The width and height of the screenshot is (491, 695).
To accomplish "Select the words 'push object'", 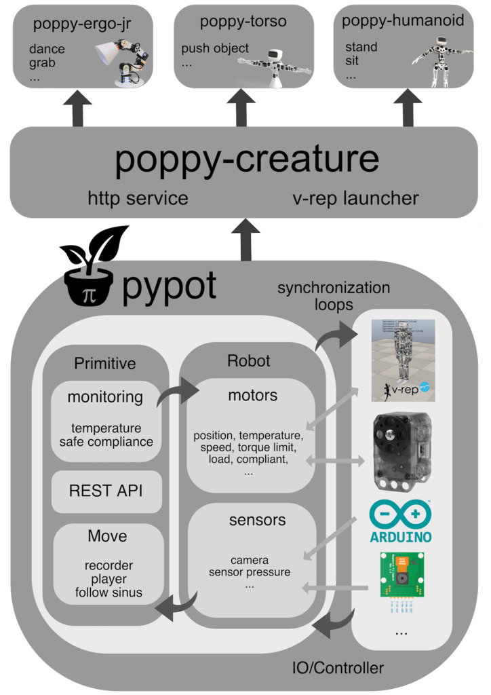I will tap(215, 49).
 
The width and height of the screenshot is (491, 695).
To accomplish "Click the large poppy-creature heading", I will tap(247, 157).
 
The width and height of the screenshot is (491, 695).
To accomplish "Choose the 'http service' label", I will tap(138, 199).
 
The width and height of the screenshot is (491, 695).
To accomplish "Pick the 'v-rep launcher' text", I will tap(355, 199).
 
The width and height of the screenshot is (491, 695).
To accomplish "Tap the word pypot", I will tap(170, 286).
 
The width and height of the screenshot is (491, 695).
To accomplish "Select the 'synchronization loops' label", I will tap(334, 296).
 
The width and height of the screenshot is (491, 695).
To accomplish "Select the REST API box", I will tap(106, 491).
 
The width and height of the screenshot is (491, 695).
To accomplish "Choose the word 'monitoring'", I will tap(105, 397).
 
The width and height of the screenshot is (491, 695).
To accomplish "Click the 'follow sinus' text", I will tap(109, 593).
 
